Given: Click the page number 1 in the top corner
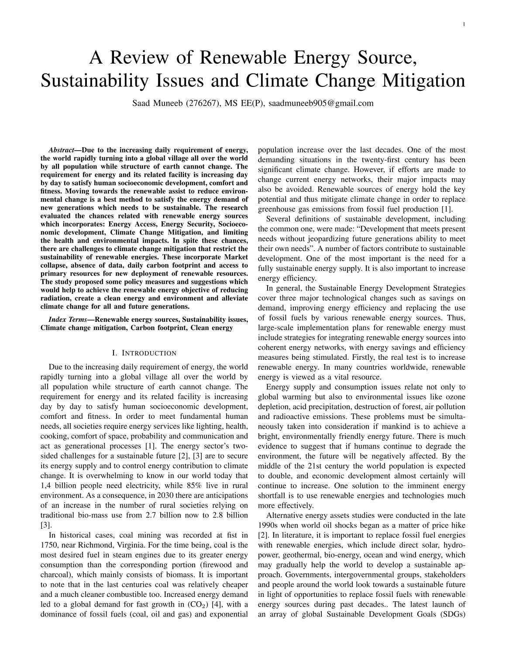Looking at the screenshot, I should pyautogui.click(x=464, y=24).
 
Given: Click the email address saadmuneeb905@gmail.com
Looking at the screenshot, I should pyautogui.click(x=321, y=103).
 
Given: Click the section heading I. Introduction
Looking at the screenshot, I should pyautogui.click(x=144, y=353).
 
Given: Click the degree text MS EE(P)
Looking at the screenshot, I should pyautogui.click(x=244, y=103).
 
